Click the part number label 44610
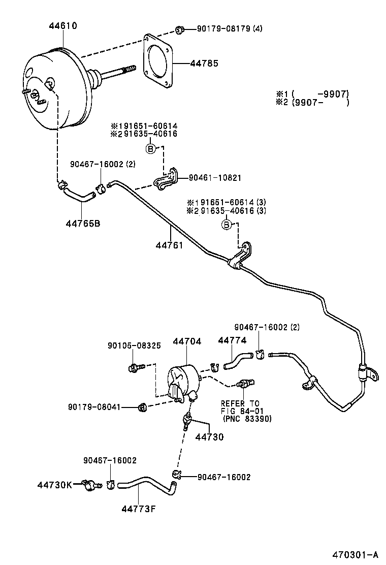coord(63,25)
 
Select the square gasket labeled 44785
coord(159,64)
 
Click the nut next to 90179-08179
coord(179,30)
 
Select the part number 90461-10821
coord(215,178)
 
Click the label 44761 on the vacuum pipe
coord(169,245)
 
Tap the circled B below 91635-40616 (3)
coord(227,225)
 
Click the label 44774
coord(232,341)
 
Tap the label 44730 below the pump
coord(209,436)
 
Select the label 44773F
coord(138,509)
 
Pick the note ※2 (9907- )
coord(312,102)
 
